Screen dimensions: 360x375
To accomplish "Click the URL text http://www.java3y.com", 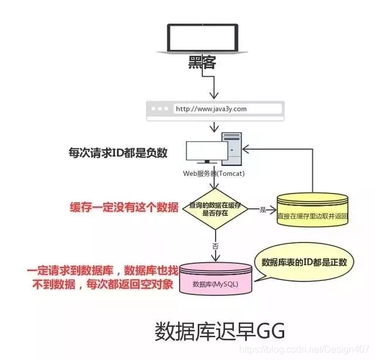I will [x=212, y=109].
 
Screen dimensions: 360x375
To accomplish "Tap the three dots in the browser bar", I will [x=161, y=109].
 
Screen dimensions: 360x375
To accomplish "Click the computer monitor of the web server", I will [x=201, y=154].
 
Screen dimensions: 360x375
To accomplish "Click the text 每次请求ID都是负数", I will [x=118, y=154].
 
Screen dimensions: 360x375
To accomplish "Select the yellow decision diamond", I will [x=216, y=210].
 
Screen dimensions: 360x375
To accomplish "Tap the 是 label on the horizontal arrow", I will [x=262, y=209].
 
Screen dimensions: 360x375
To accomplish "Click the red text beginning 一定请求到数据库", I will [x=100, y=279].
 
